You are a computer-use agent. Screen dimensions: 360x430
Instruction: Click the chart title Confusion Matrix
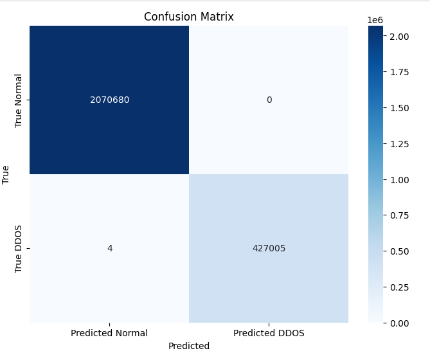pos(188,17)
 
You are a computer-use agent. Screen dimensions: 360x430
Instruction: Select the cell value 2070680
pos(109,100)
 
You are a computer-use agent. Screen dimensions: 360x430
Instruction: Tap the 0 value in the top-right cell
pos(269,100)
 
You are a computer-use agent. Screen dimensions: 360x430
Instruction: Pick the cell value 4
pos(109,248)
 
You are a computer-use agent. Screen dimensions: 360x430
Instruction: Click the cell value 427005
pos(269,248)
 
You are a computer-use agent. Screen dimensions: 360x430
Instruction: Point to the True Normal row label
pos(19,100)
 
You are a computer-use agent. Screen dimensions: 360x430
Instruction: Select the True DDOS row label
pos(19,248)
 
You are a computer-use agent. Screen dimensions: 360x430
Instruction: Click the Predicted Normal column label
pos(109,333)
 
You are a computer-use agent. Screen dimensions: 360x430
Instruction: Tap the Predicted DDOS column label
pos(269,333)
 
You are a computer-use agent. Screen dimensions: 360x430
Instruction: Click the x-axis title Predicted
pos(188,346)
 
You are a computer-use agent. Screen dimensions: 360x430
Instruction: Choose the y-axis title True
pos(6,174)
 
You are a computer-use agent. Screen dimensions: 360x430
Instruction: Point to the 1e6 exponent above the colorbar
pos(375,20)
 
